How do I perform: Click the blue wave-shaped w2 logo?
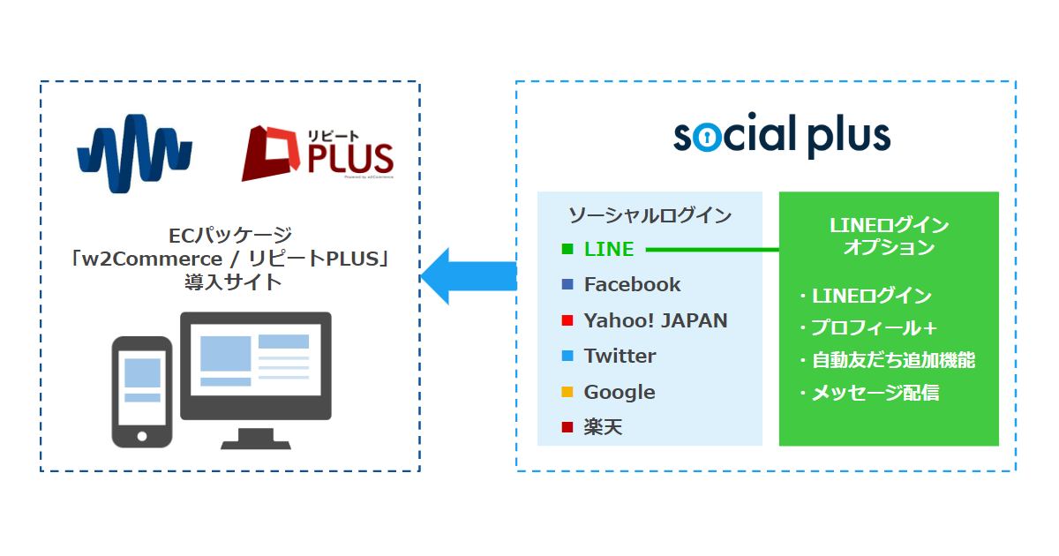135,154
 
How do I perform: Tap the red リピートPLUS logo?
317,154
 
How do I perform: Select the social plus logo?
782,135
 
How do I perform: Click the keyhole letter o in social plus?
707,138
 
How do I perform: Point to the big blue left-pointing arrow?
469,276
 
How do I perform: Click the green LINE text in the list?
609,249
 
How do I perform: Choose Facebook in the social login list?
632,284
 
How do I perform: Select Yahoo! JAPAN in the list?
655,320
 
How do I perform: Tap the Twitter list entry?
620,356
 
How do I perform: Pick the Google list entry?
620,392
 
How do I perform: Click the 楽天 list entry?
603,427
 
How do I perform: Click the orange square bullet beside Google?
567,392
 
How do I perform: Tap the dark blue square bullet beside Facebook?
567,284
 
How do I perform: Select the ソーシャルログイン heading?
650,215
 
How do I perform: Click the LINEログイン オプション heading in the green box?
890,236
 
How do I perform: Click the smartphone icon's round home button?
142,436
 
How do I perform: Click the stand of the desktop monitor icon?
256,439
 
